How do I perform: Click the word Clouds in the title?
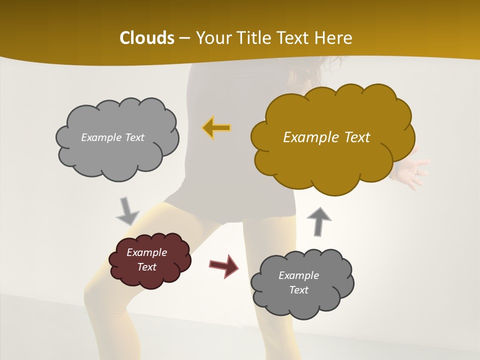[146, 38]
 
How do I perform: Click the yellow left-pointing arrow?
[216, 128]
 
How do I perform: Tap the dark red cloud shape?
[149, 260]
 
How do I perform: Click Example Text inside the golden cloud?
[326, 137]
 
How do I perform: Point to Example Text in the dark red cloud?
[146, 259]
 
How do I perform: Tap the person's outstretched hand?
[413, 172]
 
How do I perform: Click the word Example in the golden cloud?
[306, 137]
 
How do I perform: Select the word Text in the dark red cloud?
[146, 267]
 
